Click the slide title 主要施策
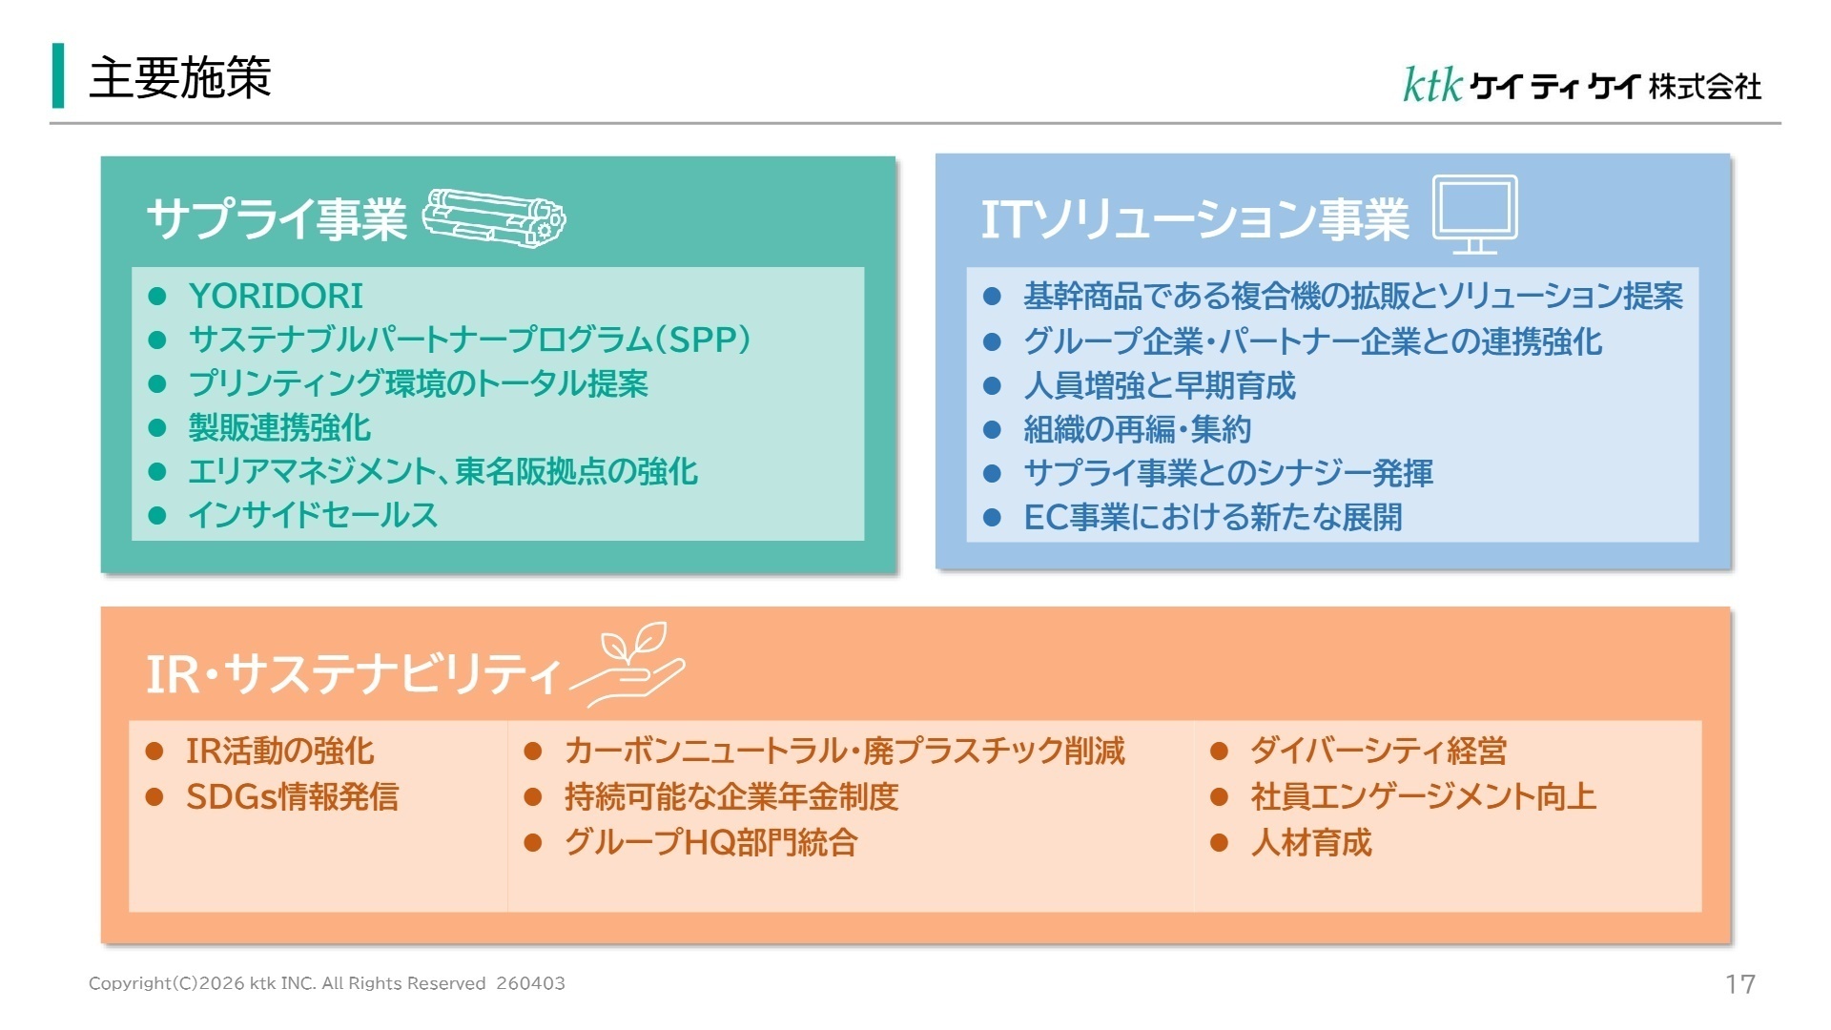tap(180, 77)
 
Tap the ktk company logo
tap(1581, 85)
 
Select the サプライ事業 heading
tap(277, 219)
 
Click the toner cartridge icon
tap(493, 219)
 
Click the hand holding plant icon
tap(627, 665)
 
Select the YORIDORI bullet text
tap(276, 296)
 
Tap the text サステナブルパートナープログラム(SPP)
tap(469, 340)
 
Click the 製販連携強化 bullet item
tap(279, 427)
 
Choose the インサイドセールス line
tap(313, 515)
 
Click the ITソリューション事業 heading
tap(1195, 219)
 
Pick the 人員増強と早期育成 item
tap(1160, 385)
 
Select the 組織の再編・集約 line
tap(1137, 429)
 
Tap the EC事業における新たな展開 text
tap(1213, 517)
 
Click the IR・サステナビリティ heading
tap(353, 673)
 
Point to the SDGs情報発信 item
tap(292, 796)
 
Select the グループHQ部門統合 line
tap(711, 842)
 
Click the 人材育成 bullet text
tap(1311, 842)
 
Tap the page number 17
tap(1740, 984)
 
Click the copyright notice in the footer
tap(327, 983)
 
